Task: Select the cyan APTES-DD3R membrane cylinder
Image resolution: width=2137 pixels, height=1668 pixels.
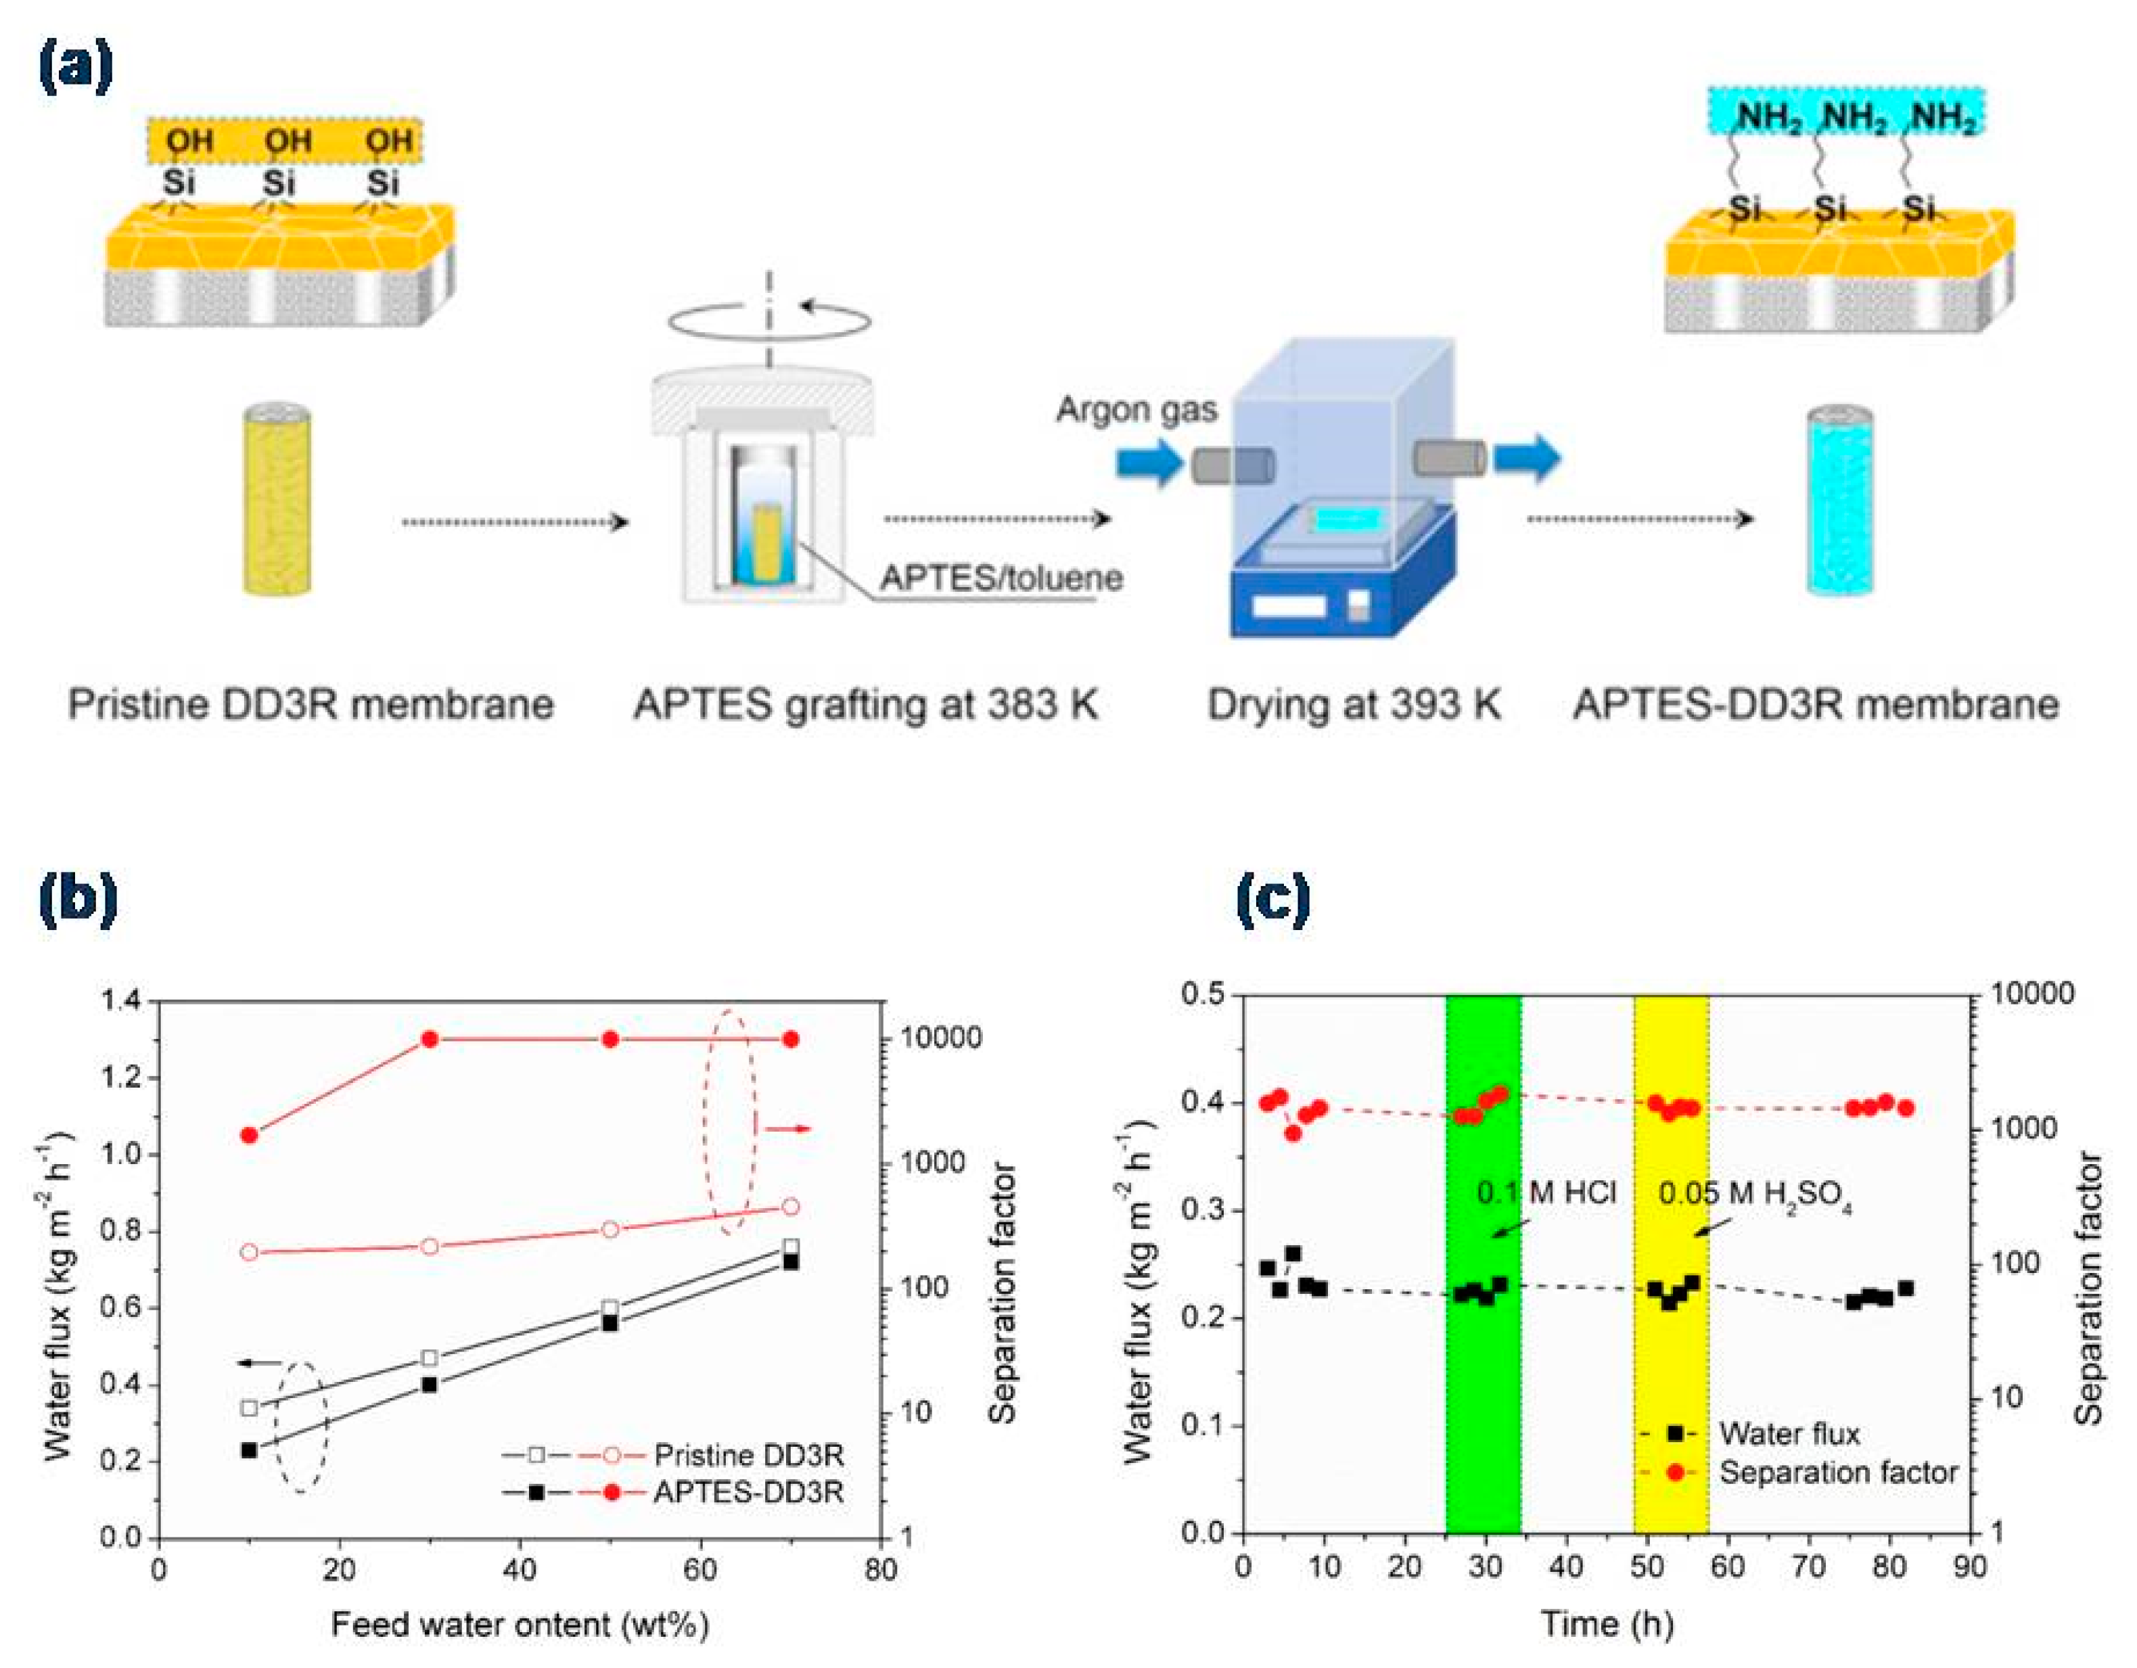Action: [x=1839, y=501]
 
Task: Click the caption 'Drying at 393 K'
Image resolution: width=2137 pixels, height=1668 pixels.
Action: [x=1353, y=704]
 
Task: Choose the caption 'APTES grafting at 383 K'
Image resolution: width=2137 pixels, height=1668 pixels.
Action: [x=866, y=704]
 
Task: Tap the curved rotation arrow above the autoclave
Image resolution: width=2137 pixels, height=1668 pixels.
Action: [x=770, y=320]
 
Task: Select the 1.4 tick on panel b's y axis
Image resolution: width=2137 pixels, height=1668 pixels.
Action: [x=122, y=1001]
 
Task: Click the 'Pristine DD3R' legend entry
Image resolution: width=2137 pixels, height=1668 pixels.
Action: [x=749, y=1455]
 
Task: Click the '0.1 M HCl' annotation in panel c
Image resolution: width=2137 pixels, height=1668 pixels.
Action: [x=1546, y=1192]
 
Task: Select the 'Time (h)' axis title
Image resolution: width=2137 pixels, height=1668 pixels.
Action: [x=1607, y=1624]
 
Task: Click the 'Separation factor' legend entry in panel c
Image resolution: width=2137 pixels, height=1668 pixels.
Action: [x=1837, y=1473]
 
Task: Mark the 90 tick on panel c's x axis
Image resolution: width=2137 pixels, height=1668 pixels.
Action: [x=1970, y=1567]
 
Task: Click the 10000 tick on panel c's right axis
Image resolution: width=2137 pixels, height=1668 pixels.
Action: [x=2031, y=994]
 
